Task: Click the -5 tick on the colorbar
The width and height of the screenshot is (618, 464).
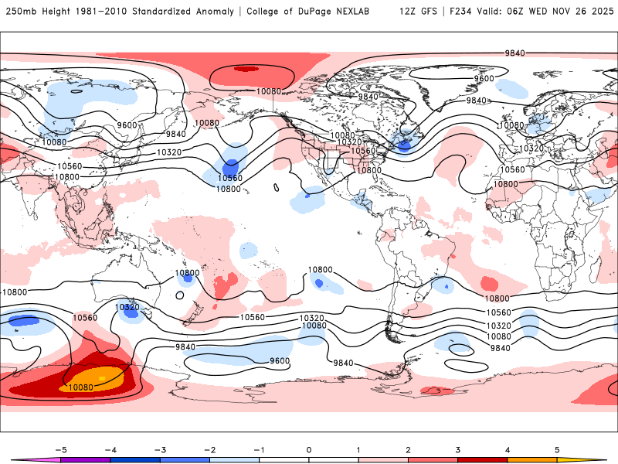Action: (61, 449)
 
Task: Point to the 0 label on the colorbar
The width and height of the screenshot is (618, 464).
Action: (309, 449)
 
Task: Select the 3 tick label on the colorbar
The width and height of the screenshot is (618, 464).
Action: (458, 449)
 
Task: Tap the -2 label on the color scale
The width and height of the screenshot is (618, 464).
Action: (209, 449)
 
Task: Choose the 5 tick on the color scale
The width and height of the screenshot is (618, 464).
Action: (557, 449)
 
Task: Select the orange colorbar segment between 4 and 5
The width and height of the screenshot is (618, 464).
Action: (532, 459)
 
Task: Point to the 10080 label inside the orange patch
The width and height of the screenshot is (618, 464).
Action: (82, 387)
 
